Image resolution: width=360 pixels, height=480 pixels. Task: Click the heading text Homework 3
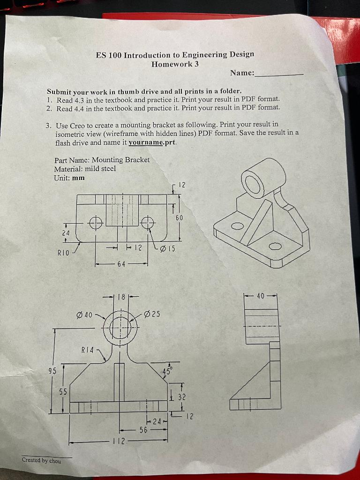click(x=175, y=64)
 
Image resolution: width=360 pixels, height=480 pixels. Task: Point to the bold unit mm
click(x=79, y=178)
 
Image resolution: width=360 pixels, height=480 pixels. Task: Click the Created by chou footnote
click(x=41, y=461)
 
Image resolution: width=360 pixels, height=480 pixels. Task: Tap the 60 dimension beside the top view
click(x=180, y=218)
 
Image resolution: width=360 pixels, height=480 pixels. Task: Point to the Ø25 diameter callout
click(x=152, y=313)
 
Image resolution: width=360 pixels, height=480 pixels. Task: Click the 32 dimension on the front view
click(x=181, y=397)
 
